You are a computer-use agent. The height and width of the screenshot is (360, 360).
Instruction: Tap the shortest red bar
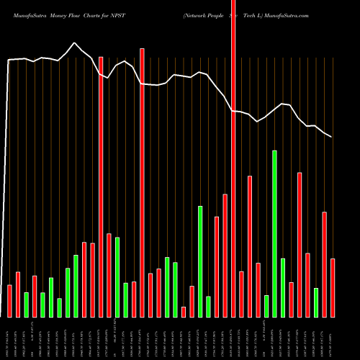point(184,312)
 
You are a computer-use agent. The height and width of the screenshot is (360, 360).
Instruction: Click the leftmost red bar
point(9,301)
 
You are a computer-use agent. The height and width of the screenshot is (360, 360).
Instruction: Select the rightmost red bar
point(333,288)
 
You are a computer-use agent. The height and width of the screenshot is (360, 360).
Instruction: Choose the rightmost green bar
point(316,302)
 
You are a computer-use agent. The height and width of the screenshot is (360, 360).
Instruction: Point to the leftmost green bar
point(26,305)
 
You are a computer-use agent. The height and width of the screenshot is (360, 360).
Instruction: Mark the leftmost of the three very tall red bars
point(101,186)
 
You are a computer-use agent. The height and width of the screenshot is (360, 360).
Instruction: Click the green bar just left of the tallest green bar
point(266,306)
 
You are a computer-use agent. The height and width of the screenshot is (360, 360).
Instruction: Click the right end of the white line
point(332,137)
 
